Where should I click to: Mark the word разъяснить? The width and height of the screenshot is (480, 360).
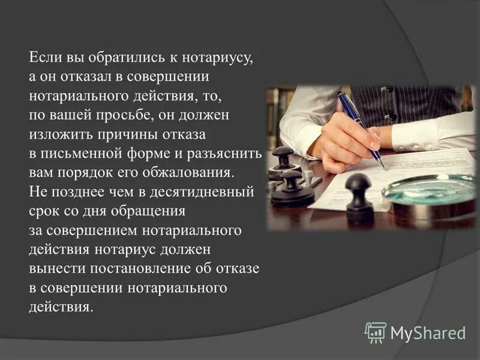click(x=226, y=152)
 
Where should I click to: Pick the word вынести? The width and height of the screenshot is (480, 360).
click(x=55, y=268)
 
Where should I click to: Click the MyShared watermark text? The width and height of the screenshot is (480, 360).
click(x=428, y=332)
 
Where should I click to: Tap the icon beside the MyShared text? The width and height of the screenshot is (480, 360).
click(x=376, y=332)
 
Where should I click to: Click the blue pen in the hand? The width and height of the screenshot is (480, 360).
click(x=359, y=128)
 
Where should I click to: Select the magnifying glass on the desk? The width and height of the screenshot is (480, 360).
click(x=429, y=190)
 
